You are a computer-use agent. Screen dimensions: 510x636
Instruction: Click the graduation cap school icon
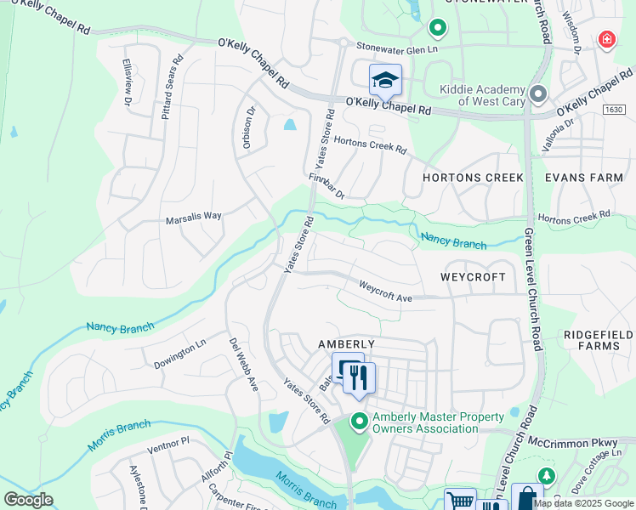[385, 80]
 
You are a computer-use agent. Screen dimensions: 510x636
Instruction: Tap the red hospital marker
[606, 40]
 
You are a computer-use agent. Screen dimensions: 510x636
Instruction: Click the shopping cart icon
[460, 501]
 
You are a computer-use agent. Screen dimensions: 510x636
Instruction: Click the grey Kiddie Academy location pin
[537, 93]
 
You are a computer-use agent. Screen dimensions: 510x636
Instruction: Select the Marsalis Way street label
[195, 216]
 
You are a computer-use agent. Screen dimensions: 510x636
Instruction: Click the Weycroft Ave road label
[385, 292]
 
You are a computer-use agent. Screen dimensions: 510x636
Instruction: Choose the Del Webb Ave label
[242, 363]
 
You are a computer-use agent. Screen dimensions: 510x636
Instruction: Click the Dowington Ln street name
[179, 355]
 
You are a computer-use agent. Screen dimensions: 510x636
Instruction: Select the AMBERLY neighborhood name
[346, 343]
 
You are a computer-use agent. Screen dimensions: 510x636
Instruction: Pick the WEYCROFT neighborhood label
[473, 277]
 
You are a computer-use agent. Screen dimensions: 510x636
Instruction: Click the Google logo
[28, 500]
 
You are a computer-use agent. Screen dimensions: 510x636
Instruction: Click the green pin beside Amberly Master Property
[360, 420]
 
